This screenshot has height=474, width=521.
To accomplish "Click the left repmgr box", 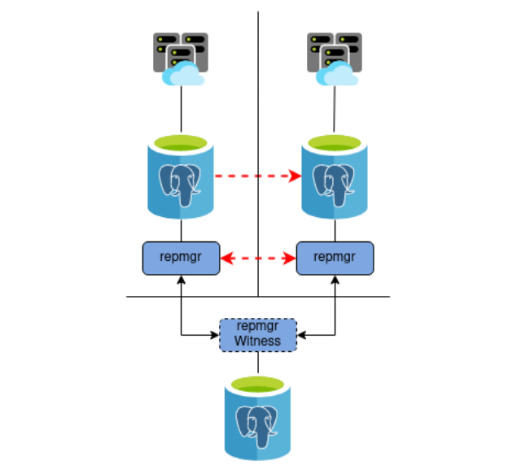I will point(182,258).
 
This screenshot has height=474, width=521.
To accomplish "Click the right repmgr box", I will point(335,258).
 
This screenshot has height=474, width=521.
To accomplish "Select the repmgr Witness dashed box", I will point(258,334).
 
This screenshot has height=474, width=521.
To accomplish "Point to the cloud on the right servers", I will point(336,75).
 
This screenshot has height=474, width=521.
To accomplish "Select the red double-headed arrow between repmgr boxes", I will point(258,259).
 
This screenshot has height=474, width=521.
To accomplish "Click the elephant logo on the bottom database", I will point(258,425).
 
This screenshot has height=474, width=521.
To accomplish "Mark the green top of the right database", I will point(335,144).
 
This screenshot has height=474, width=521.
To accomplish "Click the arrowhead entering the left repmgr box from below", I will point(182,279).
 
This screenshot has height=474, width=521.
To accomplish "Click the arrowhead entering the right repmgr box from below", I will point(335,279).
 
